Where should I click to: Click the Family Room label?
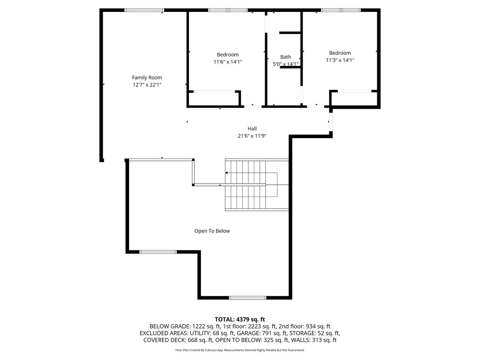(x=147, y=78)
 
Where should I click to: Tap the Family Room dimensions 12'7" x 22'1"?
(x=147, y=85)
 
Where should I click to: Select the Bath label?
(x=286, y=57)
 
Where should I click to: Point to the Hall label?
(x=252, y=129)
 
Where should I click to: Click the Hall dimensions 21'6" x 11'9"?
(x=252, y=136)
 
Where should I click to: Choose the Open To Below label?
(x=212, y=231)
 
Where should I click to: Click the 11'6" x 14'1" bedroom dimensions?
(x=228, y=62)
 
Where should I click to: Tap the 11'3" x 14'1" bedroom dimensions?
(x=340, y=60)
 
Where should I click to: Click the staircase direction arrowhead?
(x=226, y=173)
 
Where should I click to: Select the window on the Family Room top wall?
(x=144, y=10)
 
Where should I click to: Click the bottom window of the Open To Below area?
(x=247, y=297)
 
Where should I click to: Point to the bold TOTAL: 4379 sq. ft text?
(x=240, y=319)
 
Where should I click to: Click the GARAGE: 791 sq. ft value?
(x=262, y=333)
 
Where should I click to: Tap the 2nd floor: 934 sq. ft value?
(x=304, y=326)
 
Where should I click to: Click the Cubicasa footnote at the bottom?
(x=240, y=350)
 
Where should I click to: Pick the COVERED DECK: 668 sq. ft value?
(x=178, y=340)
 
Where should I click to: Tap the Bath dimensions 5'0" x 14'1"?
(x=286, y=64)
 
